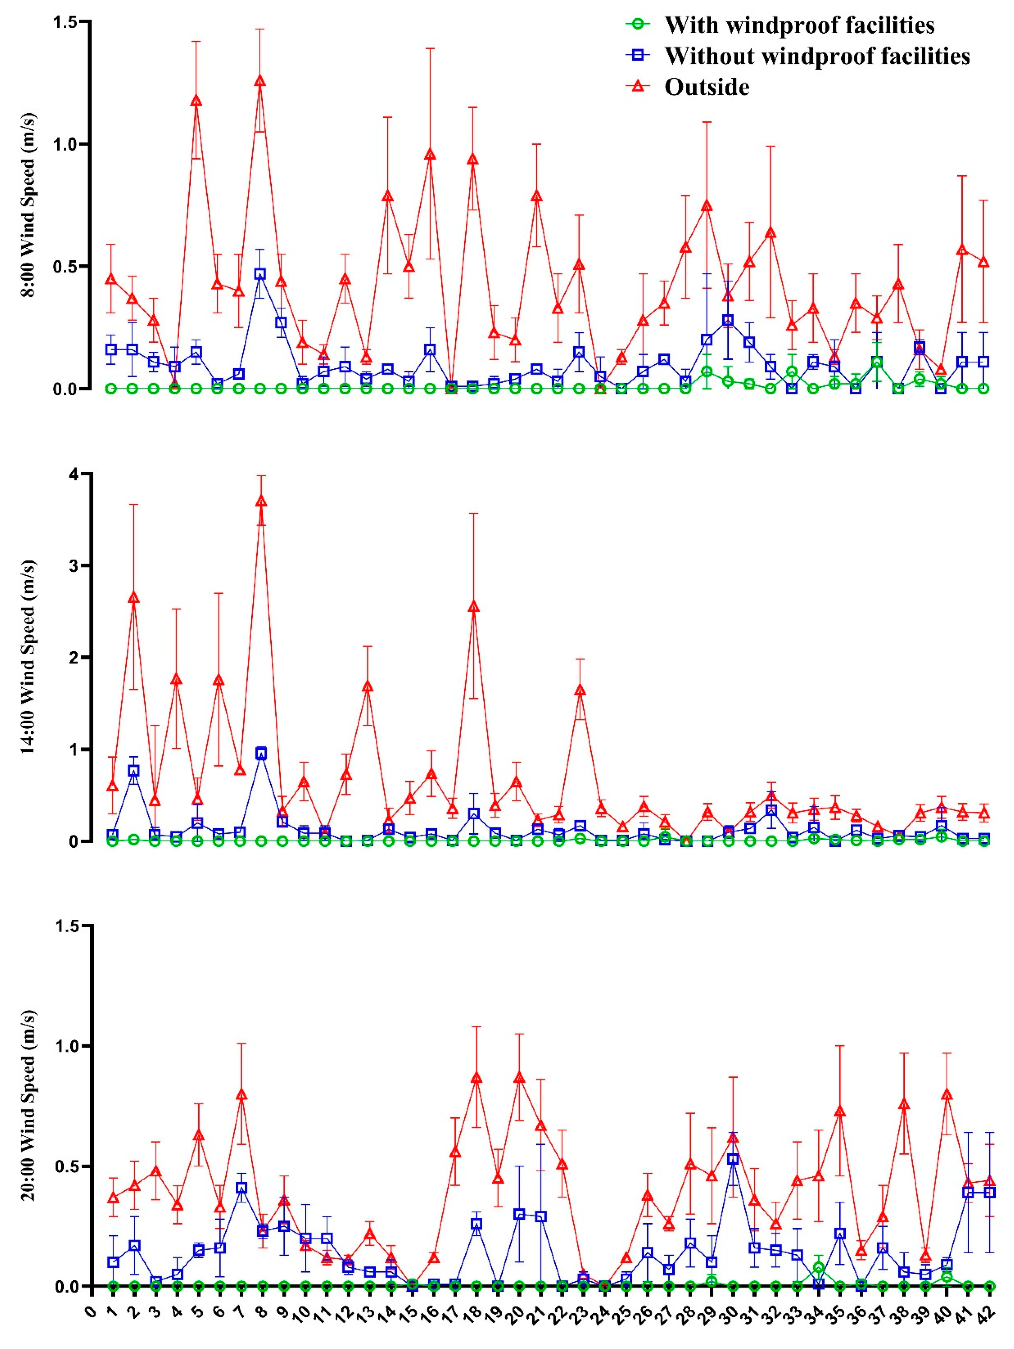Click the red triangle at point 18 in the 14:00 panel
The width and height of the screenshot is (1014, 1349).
474,606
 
